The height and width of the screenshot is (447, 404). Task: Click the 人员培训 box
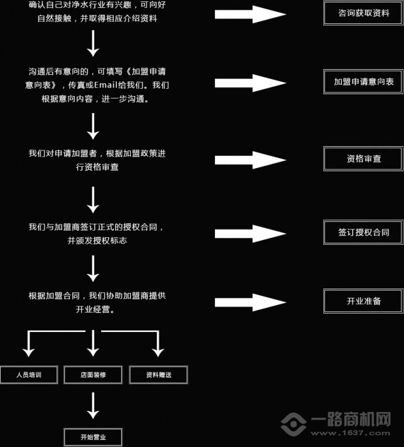(29, 375)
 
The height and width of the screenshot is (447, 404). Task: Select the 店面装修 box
(93, 375)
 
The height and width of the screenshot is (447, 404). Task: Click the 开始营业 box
(93, 437)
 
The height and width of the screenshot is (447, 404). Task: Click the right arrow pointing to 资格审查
(250, 160)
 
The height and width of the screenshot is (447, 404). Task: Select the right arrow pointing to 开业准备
(250, 302)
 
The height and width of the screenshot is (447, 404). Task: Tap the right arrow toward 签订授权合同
(250, 234)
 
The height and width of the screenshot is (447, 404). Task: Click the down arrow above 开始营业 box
(93, 405)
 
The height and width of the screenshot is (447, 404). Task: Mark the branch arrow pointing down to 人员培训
(28, 345)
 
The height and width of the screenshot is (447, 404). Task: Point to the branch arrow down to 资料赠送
(158, 345)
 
